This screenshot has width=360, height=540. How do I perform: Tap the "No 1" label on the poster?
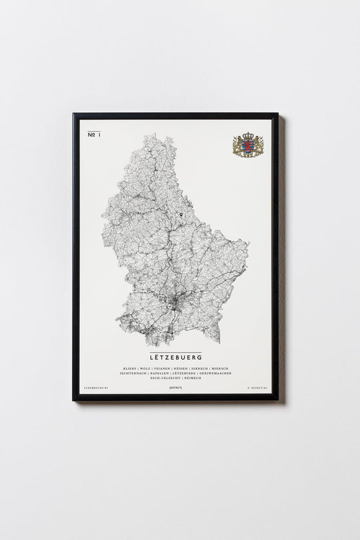[x=93, y=135]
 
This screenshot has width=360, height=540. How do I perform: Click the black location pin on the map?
[x=181, y=215]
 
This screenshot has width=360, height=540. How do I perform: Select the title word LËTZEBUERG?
[x=175, y=357]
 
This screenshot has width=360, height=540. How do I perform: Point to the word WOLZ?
[x=145, y=368]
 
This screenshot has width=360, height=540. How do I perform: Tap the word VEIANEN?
[x=161, y=368]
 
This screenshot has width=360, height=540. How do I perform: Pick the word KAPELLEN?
[x=163, y=373]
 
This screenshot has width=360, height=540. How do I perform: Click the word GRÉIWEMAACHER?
[x=217, y=373]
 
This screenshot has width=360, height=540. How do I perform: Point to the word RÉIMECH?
[x=192, y=378]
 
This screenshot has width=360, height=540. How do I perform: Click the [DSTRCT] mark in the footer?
[x=175, y=387]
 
